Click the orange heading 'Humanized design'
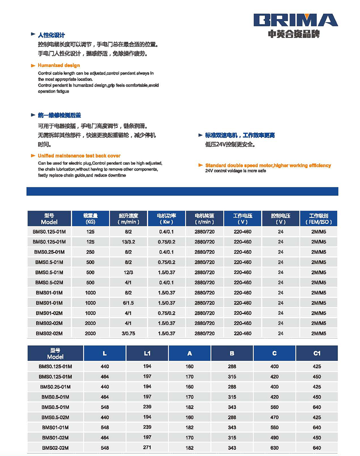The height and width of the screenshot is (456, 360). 59,65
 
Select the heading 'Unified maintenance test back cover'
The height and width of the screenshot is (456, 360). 79,156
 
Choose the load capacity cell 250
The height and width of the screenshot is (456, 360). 90,252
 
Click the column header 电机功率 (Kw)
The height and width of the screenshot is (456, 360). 166,218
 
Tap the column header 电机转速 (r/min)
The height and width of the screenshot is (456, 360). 204,218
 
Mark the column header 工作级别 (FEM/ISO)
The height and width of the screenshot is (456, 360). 318,218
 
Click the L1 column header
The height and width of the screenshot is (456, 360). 147,353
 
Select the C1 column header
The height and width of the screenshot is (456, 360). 317,353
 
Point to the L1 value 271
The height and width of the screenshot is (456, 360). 147,448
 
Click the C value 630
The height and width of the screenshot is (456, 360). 274,448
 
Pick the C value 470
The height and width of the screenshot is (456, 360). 274,417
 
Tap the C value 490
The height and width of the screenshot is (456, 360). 274,438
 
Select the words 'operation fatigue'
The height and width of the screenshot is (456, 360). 54,92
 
